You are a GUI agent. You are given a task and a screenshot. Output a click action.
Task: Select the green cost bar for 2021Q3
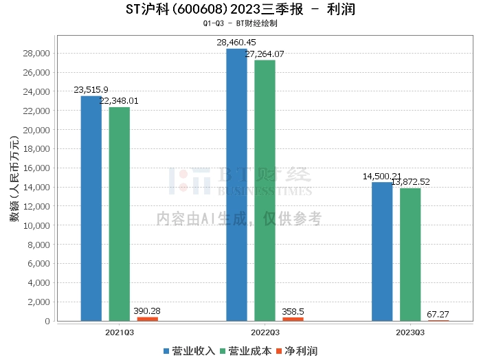[x=119, y=214]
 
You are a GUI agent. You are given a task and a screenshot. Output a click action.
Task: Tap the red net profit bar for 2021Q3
[x=147, y=319]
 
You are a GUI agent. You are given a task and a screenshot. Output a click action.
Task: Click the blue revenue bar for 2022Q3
[x=236, y=185]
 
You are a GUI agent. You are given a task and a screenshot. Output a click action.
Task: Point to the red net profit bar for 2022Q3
[x=293, y=319]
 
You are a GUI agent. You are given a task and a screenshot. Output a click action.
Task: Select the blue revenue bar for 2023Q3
[x=382, y=251]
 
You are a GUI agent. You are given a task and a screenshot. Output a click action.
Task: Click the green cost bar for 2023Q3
[x=410, y=254]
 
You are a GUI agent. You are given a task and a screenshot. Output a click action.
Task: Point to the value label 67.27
[x=438, y=313]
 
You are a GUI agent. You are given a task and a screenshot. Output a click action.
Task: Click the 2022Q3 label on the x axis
[x=265, y=331]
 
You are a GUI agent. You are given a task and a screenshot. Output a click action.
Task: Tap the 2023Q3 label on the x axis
[x=410, y=331]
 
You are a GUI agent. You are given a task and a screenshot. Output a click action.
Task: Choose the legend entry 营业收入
[x=190, y=350]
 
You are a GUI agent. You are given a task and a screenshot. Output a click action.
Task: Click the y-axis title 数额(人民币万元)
[x=14, y=183]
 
